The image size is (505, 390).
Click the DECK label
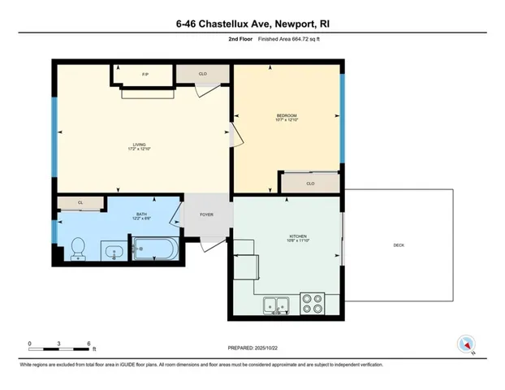tap(398, 245)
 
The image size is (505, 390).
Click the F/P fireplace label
tap(145, 75)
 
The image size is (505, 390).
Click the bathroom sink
tap(114, 253)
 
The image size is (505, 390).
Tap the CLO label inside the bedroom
tap(310, 184)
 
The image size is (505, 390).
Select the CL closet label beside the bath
tap(80, 203)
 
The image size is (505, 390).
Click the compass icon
tap(466, 344)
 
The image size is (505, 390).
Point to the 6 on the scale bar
tap(88, 343)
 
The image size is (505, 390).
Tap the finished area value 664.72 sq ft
tap(286, 38)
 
